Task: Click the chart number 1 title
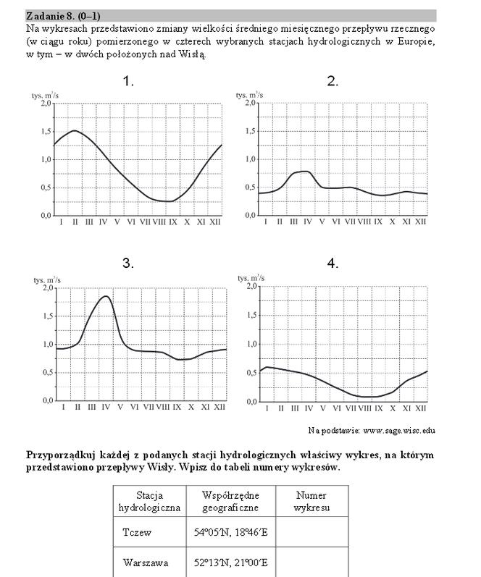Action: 128,82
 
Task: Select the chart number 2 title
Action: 332,82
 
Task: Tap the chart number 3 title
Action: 128,264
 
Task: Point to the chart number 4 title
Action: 332,264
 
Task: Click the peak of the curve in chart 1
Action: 75,131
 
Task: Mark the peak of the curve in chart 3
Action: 106,296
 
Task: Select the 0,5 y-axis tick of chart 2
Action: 247,188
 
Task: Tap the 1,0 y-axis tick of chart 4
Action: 247,345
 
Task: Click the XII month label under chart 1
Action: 214,223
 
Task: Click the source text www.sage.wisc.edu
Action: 399,430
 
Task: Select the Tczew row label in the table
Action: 137,532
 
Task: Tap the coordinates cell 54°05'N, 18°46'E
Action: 230,532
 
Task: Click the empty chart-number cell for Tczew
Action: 311,532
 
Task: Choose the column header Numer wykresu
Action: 311,502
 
